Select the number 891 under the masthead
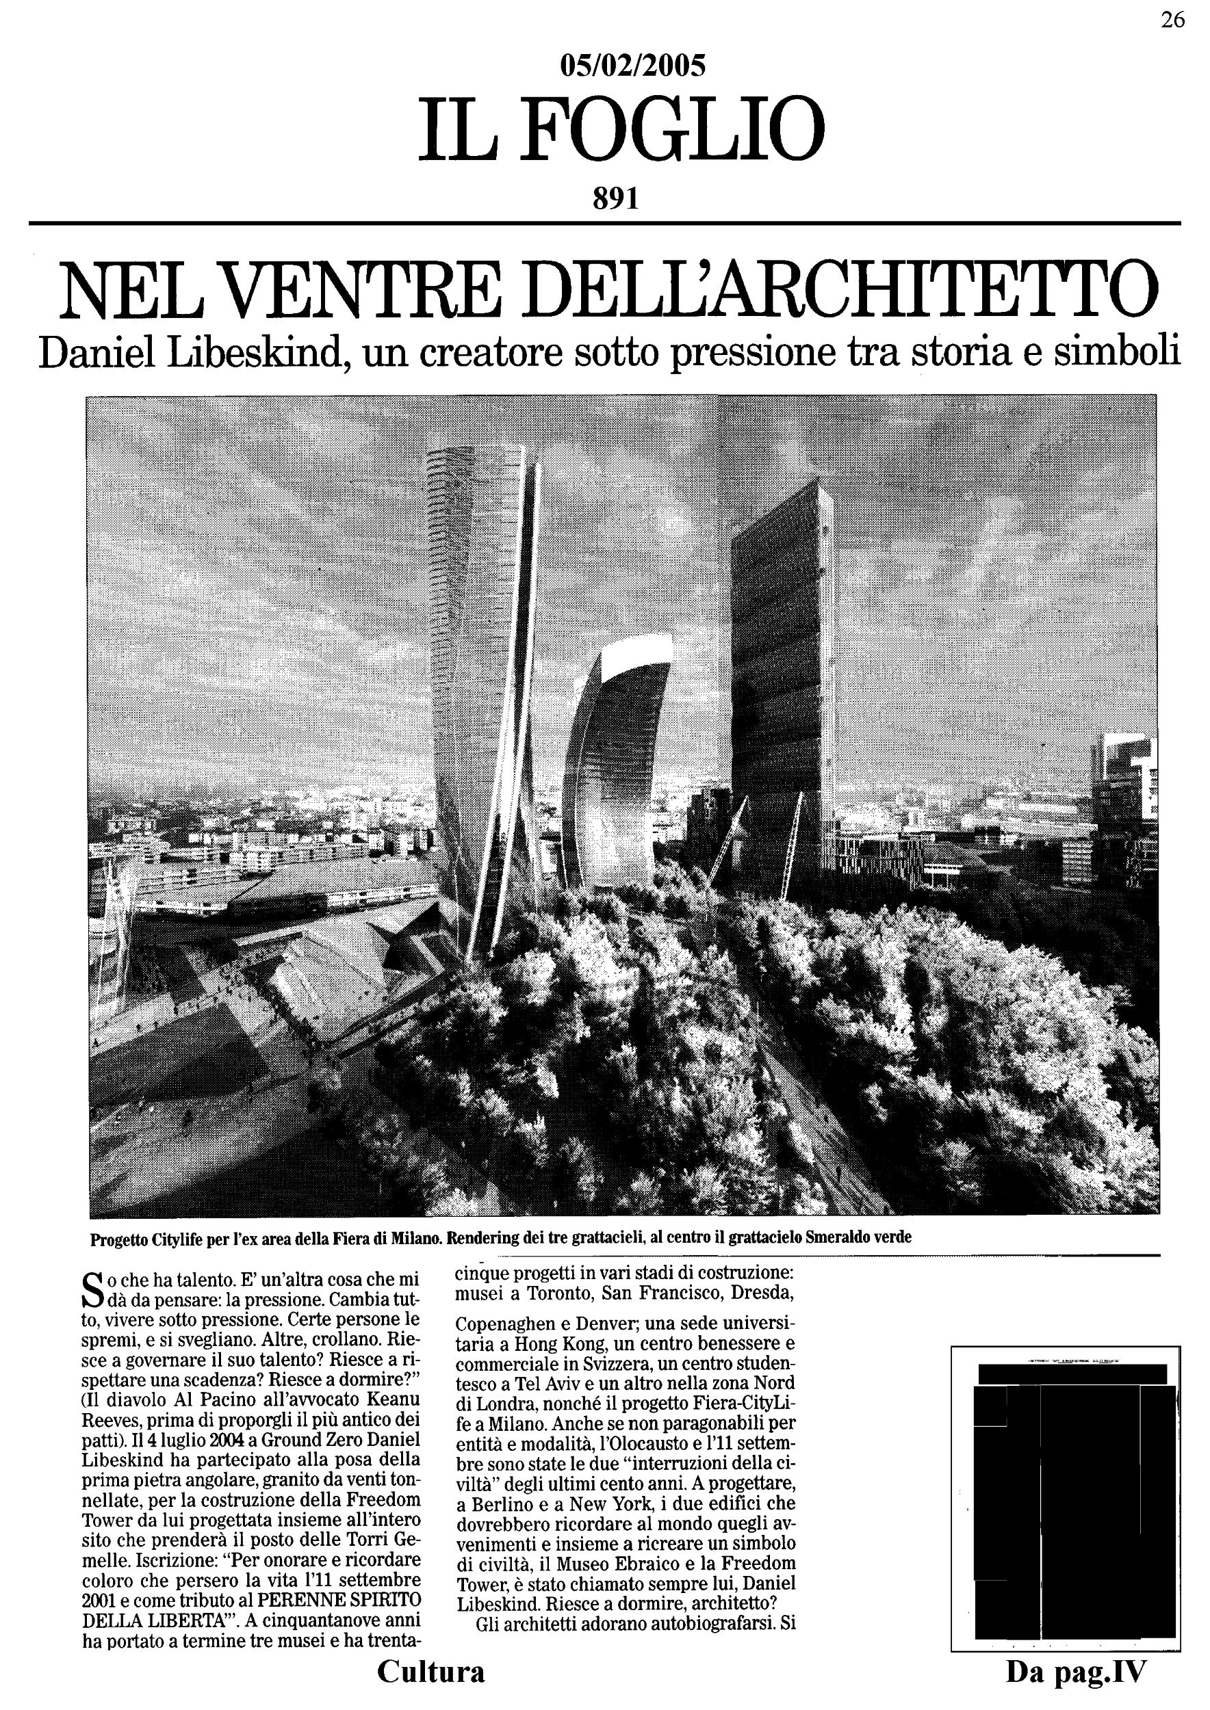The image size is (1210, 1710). coord(615,198)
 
